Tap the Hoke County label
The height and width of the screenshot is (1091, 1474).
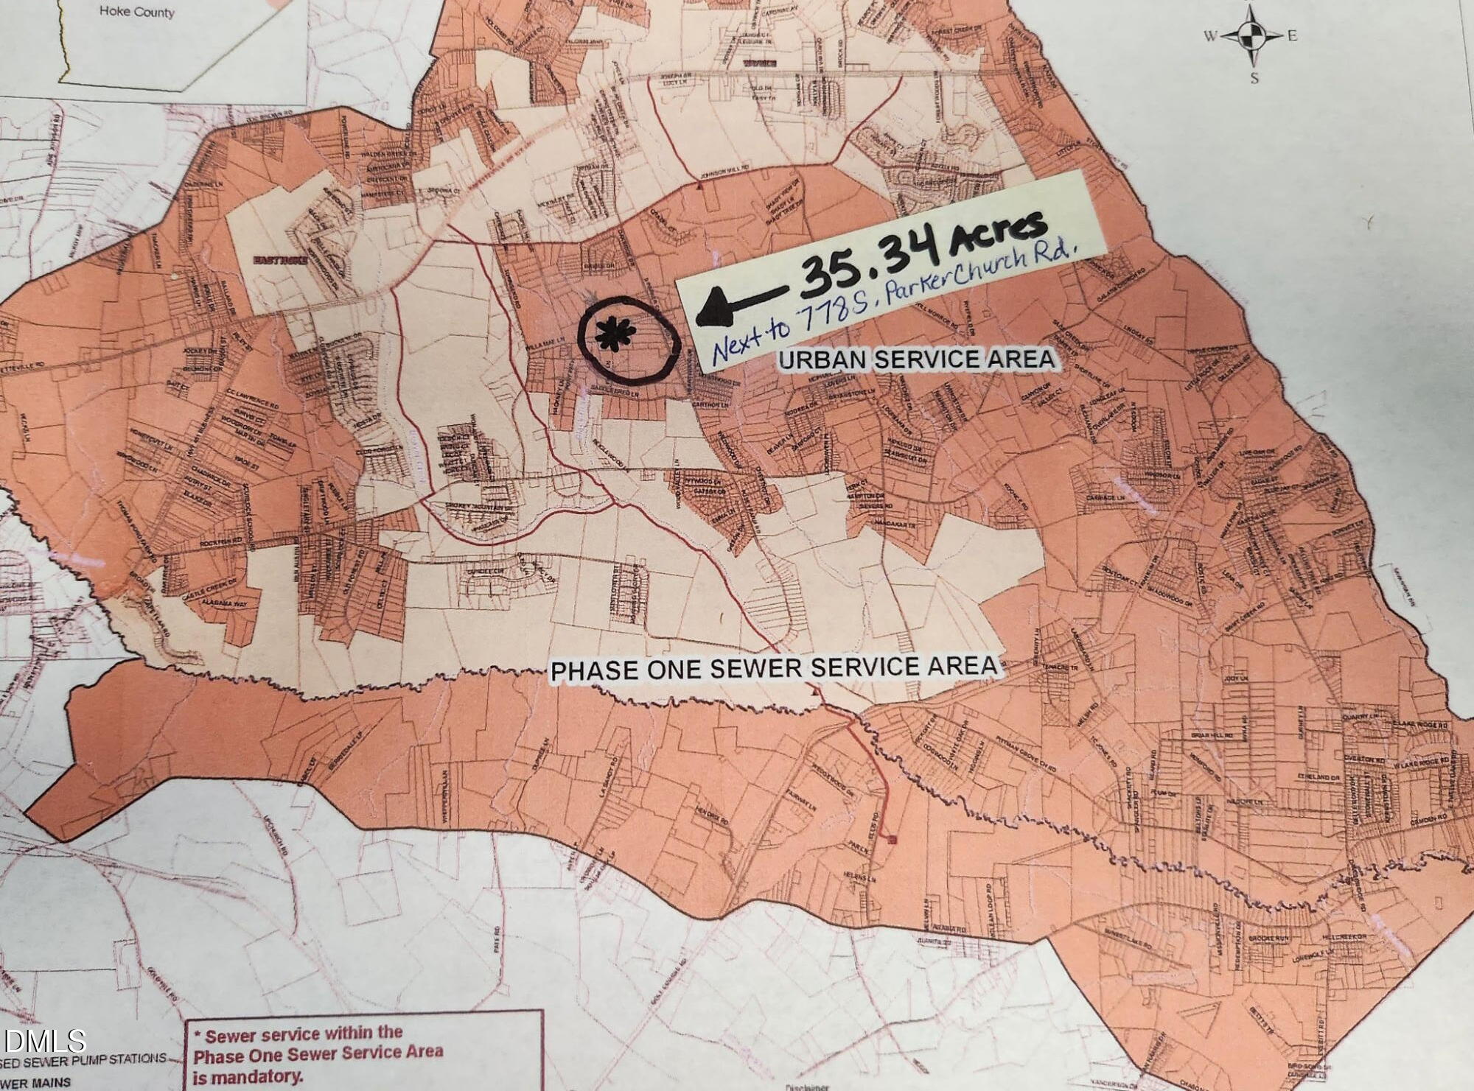coord(136,13)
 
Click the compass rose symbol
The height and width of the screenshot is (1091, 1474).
coord(1249,34)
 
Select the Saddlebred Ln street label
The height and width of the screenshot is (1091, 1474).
coord(626,396)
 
